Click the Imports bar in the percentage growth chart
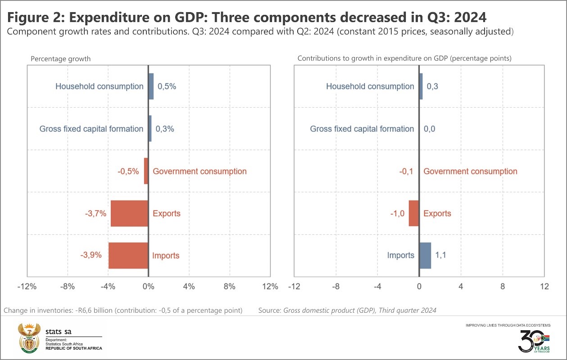[x=128, y=255]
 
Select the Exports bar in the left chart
[x=130, y=213]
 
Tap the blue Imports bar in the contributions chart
[x=425, y=255]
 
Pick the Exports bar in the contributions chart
[x=414, y=213]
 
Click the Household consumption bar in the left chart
[x=151, y=86]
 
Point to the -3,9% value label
[x=91, y=255]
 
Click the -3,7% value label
[x=95, y=213]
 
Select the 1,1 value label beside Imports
[x=440, y=255]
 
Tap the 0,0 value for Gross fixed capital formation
[x=430, y=129]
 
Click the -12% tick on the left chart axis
[x=27, y=286]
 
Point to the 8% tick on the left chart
[x=230, y=286]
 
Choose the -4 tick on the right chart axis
[x=377, y=286]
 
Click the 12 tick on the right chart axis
[x=544, y=286]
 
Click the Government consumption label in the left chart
[x=200, y=171]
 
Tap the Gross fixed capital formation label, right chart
[x=362, y=129]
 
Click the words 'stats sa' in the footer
[x=59, y=332]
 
